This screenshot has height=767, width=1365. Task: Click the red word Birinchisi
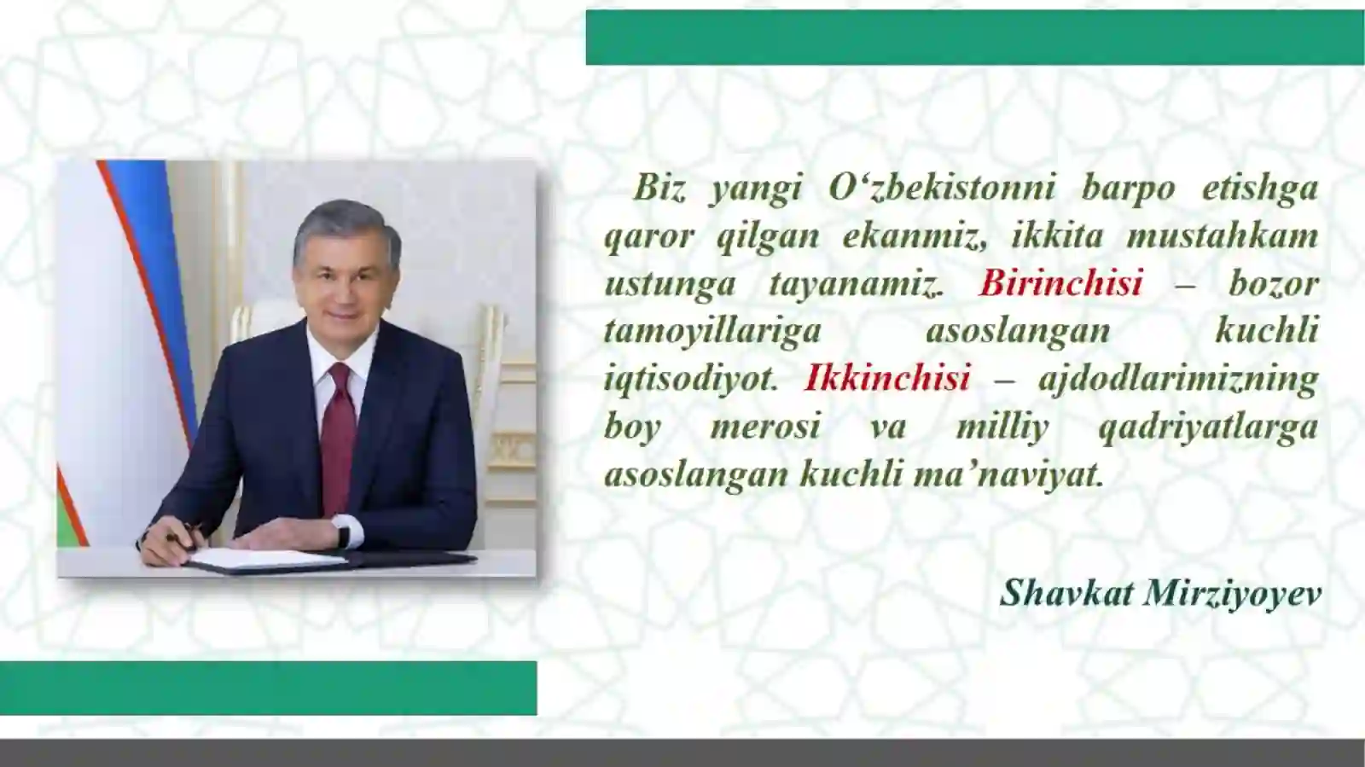pyautogui.click(x=1060, y=283)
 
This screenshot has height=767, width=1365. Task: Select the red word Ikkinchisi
pyautogui.click(x=887, y=378)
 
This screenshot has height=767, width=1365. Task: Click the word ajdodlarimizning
pyautogui.click(x=1178, y=378)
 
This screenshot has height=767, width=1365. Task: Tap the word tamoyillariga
pyautogui.click(x=712, y=331)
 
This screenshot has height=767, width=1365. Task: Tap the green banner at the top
pyautogui.click(x=973, y=38)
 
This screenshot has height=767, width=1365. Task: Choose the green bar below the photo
pyautogui.click(x=268, y=688)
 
